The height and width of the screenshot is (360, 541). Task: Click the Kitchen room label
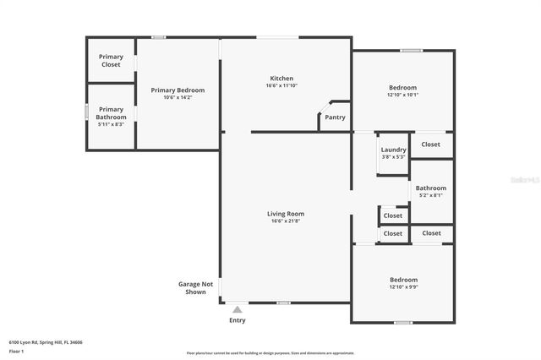click(x=282, y=78)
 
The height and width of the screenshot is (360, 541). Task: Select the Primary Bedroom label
click(x=178, y=90)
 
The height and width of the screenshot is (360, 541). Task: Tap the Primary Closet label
click(x=111, y=60)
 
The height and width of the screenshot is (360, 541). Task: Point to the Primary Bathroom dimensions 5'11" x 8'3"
click(x=111, y=124)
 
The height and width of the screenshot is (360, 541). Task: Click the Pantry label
click(x=335, y=117)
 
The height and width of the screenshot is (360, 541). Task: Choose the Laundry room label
click(x=393, y=150)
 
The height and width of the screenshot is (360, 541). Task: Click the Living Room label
click(x=286, y=214)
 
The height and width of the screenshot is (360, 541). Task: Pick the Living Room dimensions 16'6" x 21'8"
click(x=286, y=221)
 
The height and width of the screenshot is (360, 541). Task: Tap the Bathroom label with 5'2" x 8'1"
click(x=430, y=188)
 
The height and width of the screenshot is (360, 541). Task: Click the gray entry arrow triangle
click(x=238, y=310)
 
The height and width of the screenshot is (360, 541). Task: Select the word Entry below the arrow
click(x=238, y=320)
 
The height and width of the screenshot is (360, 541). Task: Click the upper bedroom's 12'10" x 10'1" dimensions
click(x=402, y=95)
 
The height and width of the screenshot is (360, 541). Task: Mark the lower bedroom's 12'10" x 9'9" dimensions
click(x=402, y=286)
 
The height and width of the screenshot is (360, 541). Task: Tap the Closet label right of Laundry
click(x=431, y=144)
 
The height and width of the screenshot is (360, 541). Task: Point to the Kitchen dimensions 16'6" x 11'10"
click(x=282, y=85)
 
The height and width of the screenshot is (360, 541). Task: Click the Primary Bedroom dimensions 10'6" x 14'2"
click(x=178, y=97)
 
